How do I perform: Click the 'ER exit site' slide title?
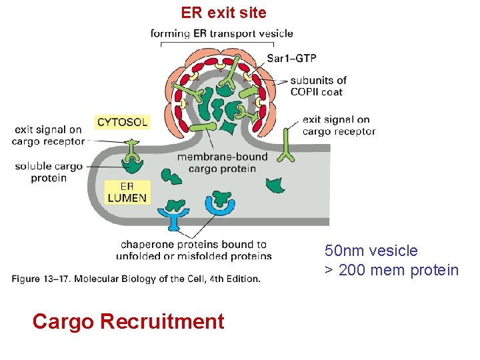click(223, 12)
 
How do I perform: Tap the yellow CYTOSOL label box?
click(122, 122)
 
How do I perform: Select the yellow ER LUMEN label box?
click(127, 192)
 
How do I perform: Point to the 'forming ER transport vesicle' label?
click(221, 33)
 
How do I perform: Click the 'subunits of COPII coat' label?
click(317, 86)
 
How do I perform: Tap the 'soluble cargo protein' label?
click(49, 172)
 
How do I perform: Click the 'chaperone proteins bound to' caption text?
click(193, 245)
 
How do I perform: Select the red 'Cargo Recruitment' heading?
click(128, 321)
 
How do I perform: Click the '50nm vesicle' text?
click(371, 251)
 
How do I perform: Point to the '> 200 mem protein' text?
click(391, 270)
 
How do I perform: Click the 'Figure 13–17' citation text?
click(135, 279)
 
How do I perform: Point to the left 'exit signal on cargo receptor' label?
click(48, 135)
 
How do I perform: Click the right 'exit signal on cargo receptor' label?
click(339, 125)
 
